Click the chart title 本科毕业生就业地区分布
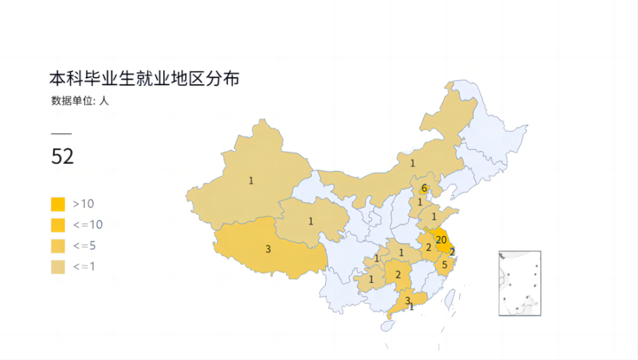pyautogui.click(x=144, y=79)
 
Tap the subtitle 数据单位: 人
pyautogui.click(x=80, y=100)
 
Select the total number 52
pyautogui.click(x=63, y=157)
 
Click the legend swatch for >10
pyautogui.click(x=58, y=204)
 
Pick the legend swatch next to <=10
pyautogui.click(x=58, y=225)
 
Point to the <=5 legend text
pyautogui.click(x=84, y=245)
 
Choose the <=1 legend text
pyautogui.click(x=84, y=267)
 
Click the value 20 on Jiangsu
pyautogui.click(x=441, y=239)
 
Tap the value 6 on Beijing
pyautogui.click(x=424, y=189)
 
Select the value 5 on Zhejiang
pyautogui.click(x=444, y=265)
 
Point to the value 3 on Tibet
pyautogui.click(x=268, y=249)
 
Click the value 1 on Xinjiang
pyautogui.click(x=251, y=180)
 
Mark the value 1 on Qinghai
pyautogui.click(x=311, y=221)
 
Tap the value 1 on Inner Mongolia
pyautogui.click(x=413, y=163)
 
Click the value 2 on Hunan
pyautogui.click(x=398, y=274)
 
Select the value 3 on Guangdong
pyautogui.click(x=407, y=300)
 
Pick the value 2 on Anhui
pyautogui.click(x=428, y=247)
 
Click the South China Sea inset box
pyautogui.click(x=520, y=283)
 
